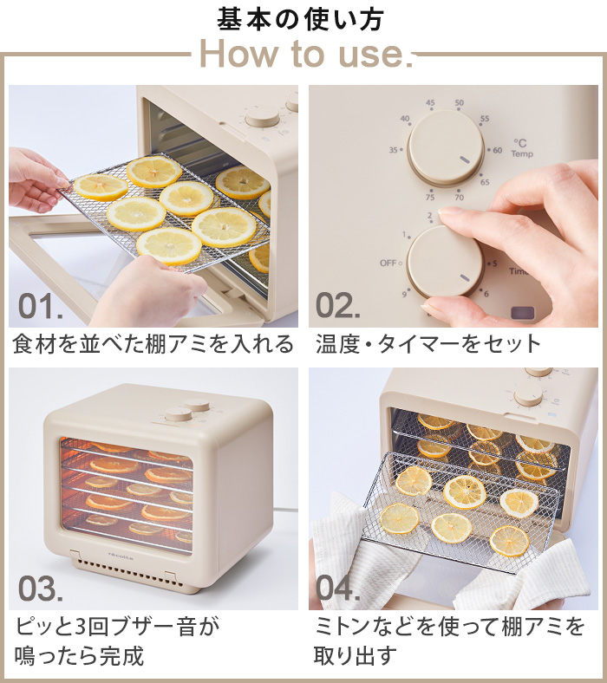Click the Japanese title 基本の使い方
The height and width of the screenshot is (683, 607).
pos(299,18)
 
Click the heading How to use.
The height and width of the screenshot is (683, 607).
pos(303,54)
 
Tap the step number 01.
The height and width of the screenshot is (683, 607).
pos(41,307)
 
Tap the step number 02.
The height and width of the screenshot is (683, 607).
pos(337,307)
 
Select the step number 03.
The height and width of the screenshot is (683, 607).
pos(41,589)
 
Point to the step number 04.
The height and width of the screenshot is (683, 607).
pos(338,589)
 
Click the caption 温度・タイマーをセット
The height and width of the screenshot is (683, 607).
pos(428,344)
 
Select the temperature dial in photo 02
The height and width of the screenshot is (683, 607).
pos(446,146)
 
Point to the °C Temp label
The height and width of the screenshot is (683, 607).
pos(521,148)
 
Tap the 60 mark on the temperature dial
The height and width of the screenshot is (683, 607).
pos(497,150)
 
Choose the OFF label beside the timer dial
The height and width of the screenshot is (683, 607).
pos(388,263)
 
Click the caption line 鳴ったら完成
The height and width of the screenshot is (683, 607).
pos(79,654)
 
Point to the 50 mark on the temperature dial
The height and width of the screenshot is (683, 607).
pos(459,103)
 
